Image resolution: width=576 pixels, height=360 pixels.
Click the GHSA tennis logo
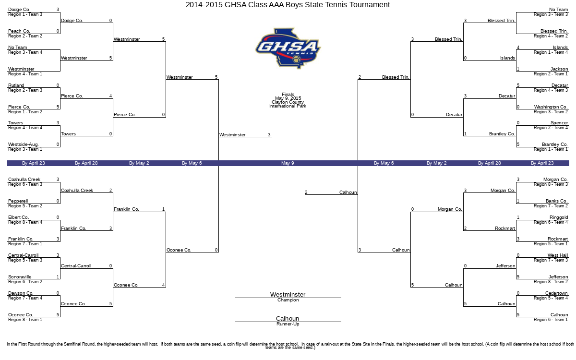pos(288,48)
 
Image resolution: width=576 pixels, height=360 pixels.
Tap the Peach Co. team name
pos(19,31)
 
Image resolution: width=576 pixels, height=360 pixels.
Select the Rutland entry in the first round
pos(16,85)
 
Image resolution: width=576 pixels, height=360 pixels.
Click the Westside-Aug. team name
pos(24,144)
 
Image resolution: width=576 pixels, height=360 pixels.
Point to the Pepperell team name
pos(18,201)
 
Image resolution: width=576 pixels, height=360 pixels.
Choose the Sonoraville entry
pos(20,276)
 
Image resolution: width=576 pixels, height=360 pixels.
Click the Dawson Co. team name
pos(21,293)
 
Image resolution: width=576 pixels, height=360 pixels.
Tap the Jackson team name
pos(559,69)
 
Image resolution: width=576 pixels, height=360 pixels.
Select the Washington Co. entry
pos(551,107)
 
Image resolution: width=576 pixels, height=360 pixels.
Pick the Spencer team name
pos(559,123)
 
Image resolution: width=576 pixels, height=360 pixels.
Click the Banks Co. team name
pos(556,201)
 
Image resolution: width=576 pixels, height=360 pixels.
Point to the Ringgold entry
pos(559,217)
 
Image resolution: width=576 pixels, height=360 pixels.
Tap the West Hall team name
pos(557,255)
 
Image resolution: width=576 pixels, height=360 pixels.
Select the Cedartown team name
pos(556,293)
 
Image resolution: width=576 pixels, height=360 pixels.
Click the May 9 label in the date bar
pos(288,163)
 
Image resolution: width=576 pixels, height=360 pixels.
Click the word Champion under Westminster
pos(288,300)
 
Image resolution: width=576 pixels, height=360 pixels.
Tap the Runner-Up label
pos(288,324)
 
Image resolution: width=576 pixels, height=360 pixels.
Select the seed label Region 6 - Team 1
pos(551,320)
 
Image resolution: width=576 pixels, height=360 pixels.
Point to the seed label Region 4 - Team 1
pos(25,74)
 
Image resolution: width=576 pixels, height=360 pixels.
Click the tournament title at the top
pos(288,5)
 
